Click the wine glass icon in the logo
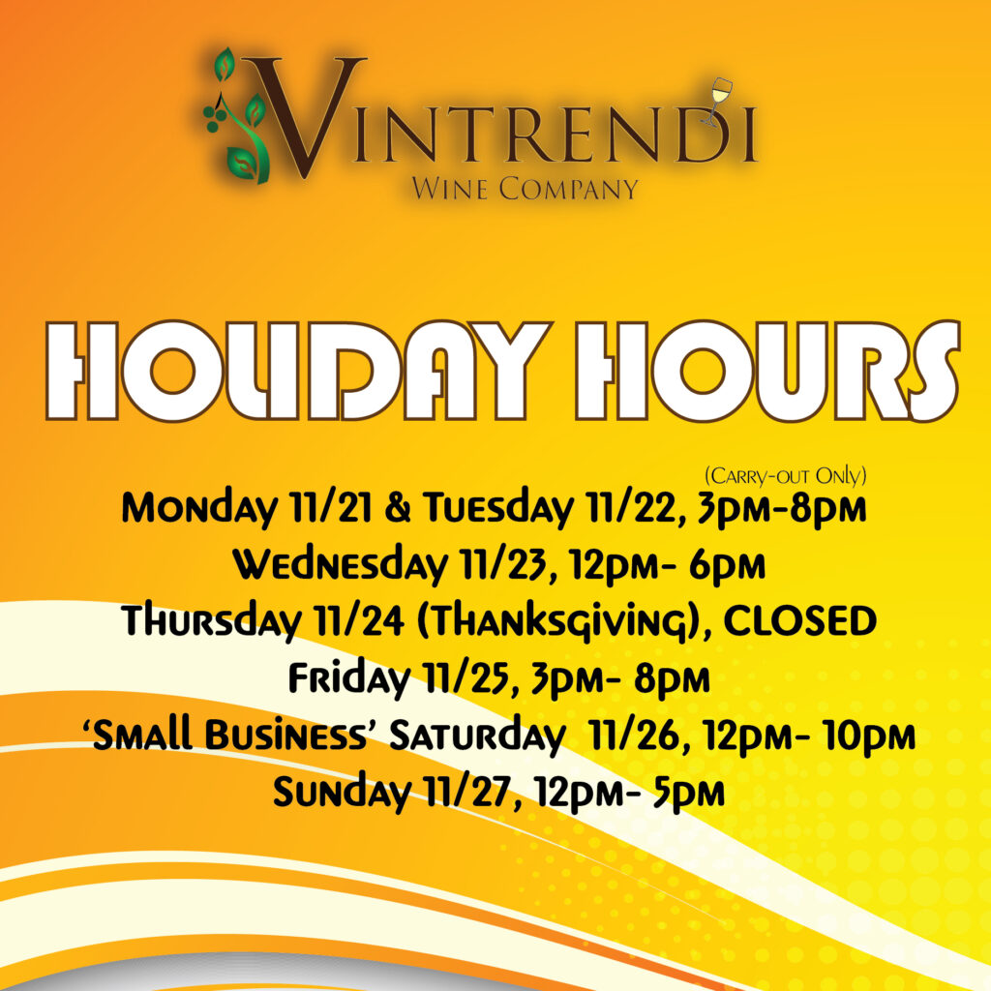(717, 101)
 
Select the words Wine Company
(525, 189)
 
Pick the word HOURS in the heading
(767, 371)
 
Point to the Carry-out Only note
(785, 476)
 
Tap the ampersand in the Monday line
(397, 507)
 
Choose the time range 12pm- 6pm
(666, 565)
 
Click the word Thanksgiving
(560, 622)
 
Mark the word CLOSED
(799, 620)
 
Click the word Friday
(349, 678)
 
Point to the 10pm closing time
(869, 736)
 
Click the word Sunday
(342, 793)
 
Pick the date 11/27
(467, 793)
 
